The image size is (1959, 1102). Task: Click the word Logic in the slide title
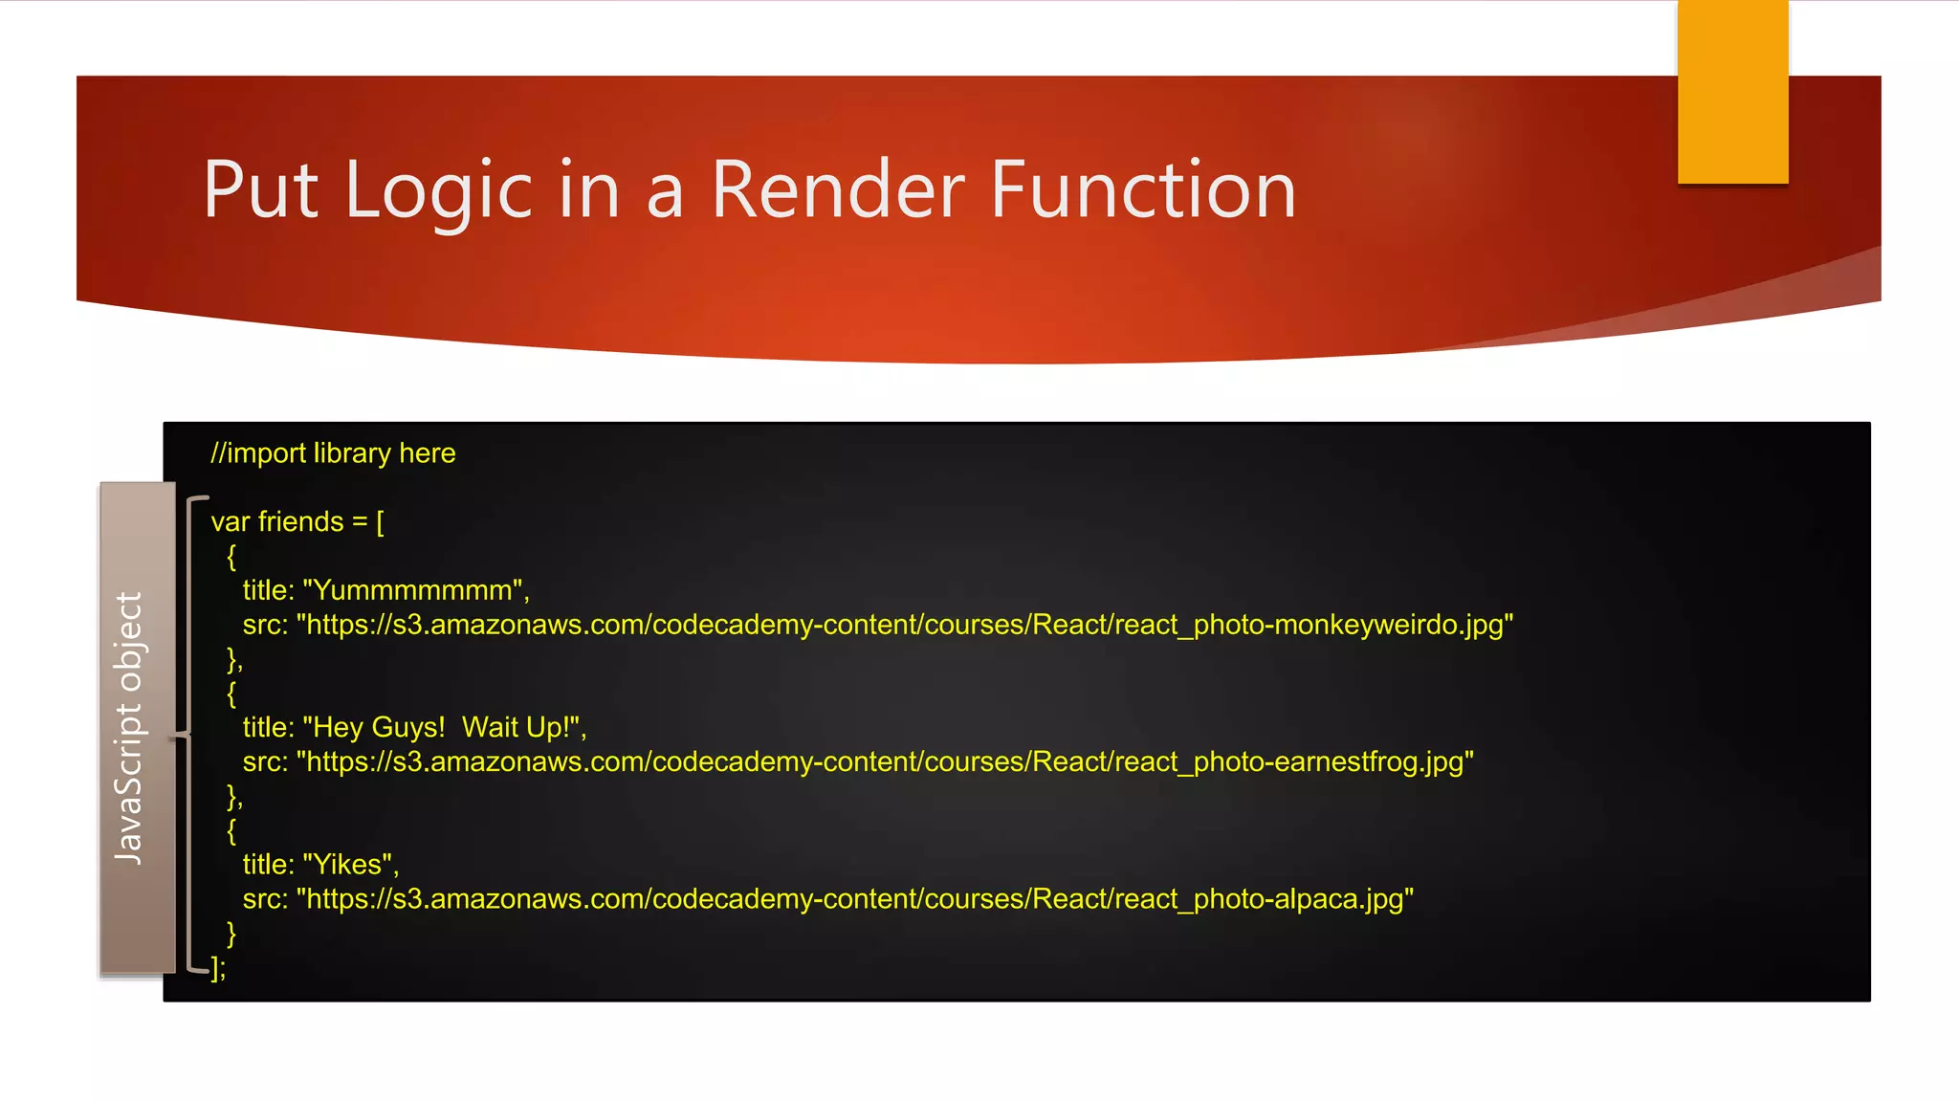[438, 191]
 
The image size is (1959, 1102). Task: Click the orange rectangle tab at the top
[1732, 92]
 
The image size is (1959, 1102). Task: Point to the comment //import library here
[333, 452]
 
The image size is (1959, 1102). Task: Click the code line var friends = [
[297, 521]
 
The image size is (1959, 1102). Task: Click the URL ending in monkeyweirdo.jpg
[904, 625]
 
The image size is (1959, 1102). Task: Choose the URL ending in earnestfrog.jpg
[885, 761]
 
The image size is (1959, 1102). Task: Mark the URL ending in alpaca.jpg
[854, 899]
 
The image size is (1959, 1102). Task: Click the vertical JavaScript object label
[129, 727]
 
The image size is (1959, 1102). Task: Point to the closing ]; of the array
[219, 968]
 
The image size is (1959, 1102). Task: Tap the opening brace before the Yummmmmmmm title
[231, 557]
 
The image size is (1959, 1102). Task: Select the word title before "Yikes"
[268, 865]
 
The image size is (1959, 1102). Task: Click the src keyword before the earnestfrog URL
[264, 761]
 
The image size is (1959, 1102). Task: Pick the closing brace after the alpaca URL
[231, 934]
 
